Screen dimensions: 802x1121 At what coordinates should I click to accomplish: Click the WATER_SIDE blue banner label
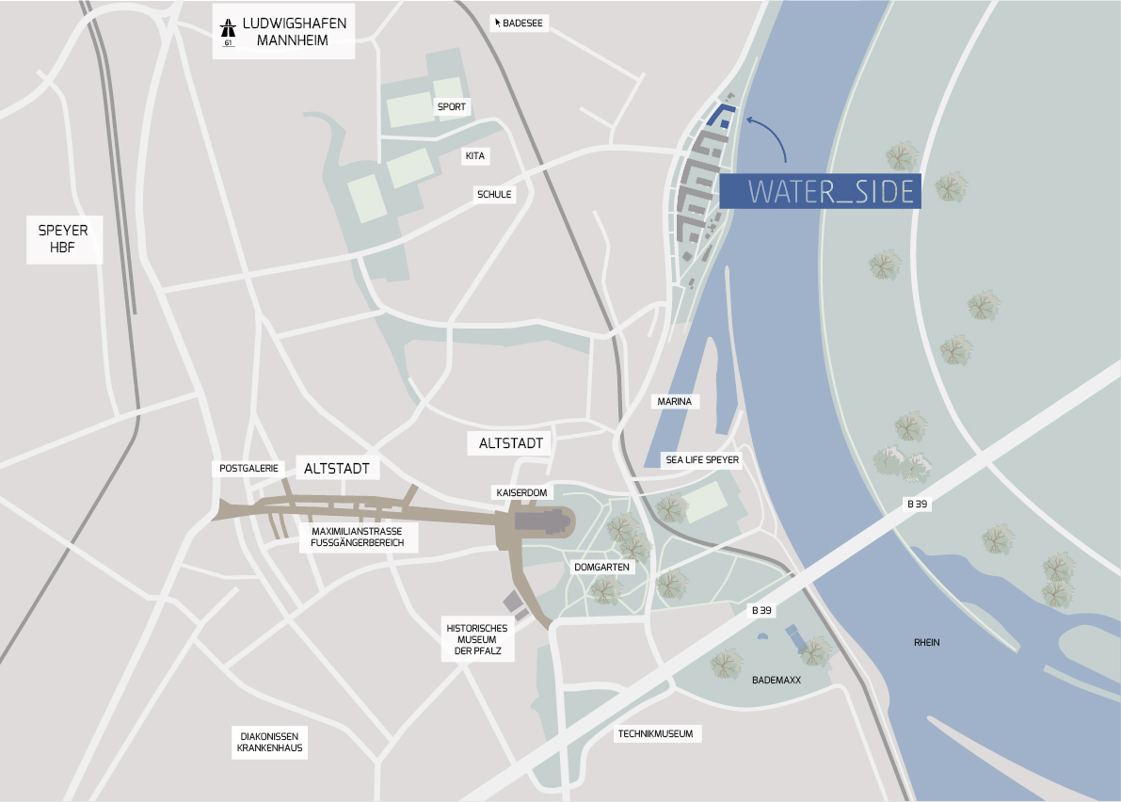click(x=820, y=191)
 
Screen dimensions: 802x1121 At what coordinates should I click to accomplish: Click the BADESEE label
click(x=520, y=22)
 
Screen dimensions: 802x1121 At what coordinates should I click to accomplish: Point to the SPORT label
click(x=452, y=107)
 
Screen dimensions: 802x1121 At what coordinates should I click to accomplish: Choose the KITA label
click(x=474, y=155)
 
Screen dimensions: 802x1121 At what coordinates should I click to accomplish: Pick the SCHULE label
click(x=494, y=194)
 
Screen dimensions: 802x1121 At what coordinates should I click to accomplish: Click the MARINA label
click(x=674, y=402)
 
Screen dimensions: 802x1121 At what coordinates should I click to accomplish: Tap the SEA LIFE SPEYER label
click(x=702, y=460)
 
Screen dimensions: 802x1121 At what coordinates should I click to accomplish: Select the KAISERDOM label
click(x=521, y=492)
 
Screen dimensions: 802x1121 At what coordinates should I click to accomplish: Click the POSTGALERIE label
click(x=249, y=468)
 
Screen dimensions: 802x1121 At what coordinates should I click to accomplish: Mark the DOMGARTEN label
click(x=602, y=568)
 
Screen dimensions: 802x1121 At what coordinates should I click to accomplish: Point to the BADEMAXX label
click(x=777, y=679)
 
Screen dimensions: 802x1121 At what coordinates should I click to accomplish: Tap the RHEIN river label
click(x=926, y=643)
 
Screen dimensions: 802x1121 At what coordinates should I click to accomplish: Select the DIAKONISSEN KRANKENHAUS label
click(x=269, y=743)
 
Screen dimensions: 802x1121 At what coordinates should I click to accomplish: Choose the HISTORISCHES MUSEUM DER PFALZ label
click(x=477, y=640)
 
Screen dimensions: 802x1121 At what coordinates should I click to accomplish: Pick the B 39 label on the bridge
click(x=918, y=505)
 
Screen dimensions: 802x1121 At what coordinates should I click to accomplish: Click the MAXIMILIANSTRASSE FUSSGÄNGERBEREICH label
click(x=357, y=537)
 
